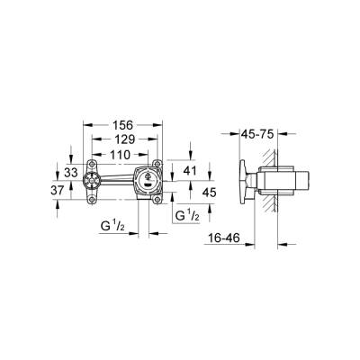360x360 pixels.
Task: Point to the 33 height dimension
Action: tap(71, 172)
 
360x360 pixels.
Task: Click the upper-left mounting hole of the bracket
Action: tap(94, 165)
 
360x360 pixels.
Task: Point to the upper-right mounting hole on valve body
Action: tap(158, 165)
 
